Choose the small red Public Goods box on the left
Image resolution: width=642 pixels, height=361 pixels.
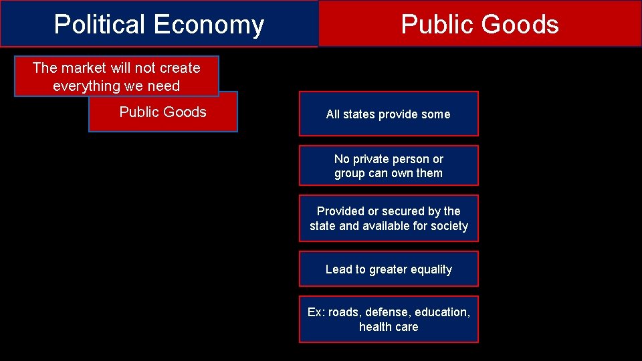pos(163,112)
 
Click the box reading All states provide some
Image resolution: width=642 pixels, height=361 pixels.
pos(389,114)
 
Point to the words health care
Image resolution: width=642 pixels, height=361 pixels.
pos(389,327)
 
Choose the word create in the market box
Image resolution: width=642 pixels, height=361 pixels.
pos(180,68)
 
